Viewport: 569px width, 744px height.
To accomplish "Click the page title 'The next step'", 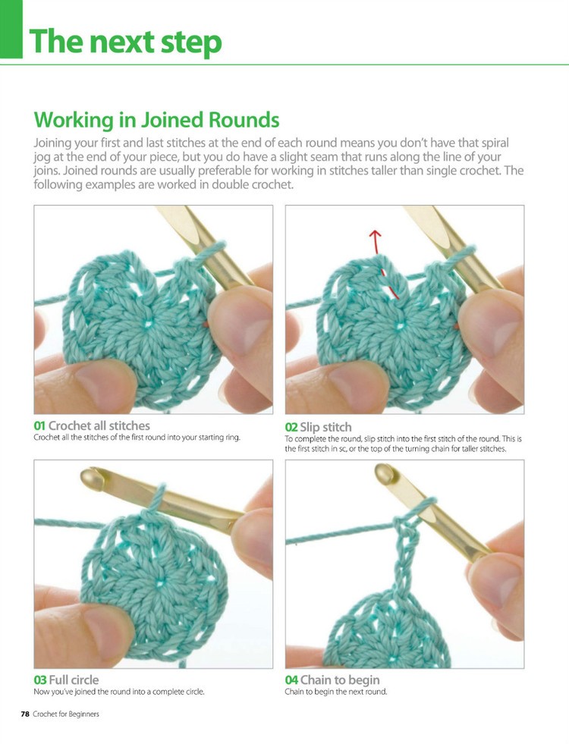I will pos(125,42).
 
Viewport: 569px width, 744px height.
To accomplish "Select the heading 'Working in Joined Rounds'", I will pos(156,120).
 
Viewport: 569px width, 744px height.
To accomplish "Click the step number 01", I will pos(39,425).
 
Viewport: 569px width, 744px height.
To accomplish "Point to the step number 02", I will pos(291,427).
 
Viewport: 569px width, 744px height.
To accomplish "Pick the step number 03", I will pos(39,680).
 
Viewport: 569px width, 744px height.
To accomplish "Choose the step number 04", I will pos(291,680).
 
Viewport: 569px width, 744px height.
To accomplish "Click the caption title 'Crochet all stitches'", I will pos(99,425).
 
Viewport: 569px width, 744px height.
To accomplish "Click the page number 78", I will pos(24,714).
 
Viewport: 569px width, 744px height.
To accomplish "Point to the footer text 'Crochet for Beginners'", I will pos(66,714).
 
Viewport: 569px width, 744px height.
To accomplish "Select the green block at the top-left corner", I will pos(11,29).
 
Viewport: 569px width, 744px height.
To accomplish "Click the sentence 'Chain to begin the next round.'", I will pos(336,692).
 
